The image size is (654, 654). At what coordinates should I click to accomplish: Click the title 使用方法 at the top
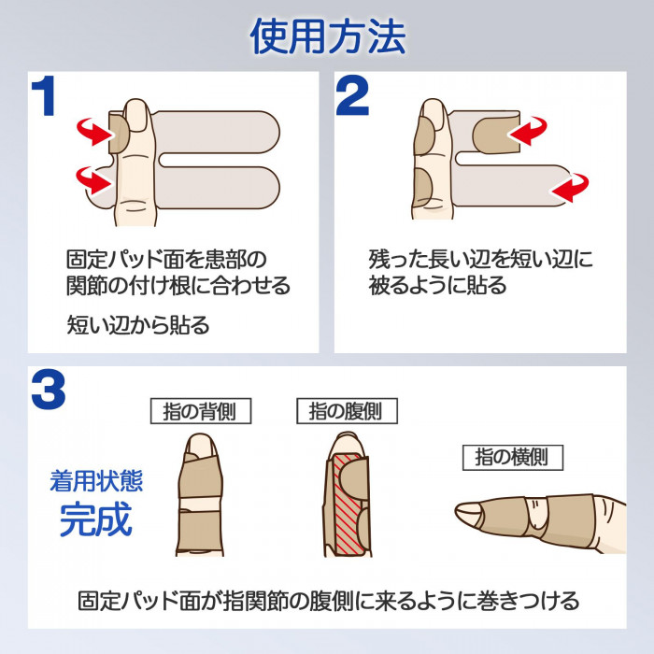pos(327,36)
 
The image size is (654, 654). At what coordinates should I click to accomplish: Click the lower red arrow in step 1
pos(92,176)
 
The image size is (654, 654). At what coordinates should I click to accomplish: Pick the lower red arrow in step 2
pos(570,190)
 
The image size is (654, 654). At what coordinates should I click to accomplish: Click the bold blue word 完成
pos(96,520)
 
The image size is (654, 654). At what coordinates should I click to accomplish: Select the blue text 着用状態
pos(96,481)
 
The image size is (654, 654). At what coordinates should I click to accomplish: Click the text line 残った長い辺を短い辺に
pos(480,259)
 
